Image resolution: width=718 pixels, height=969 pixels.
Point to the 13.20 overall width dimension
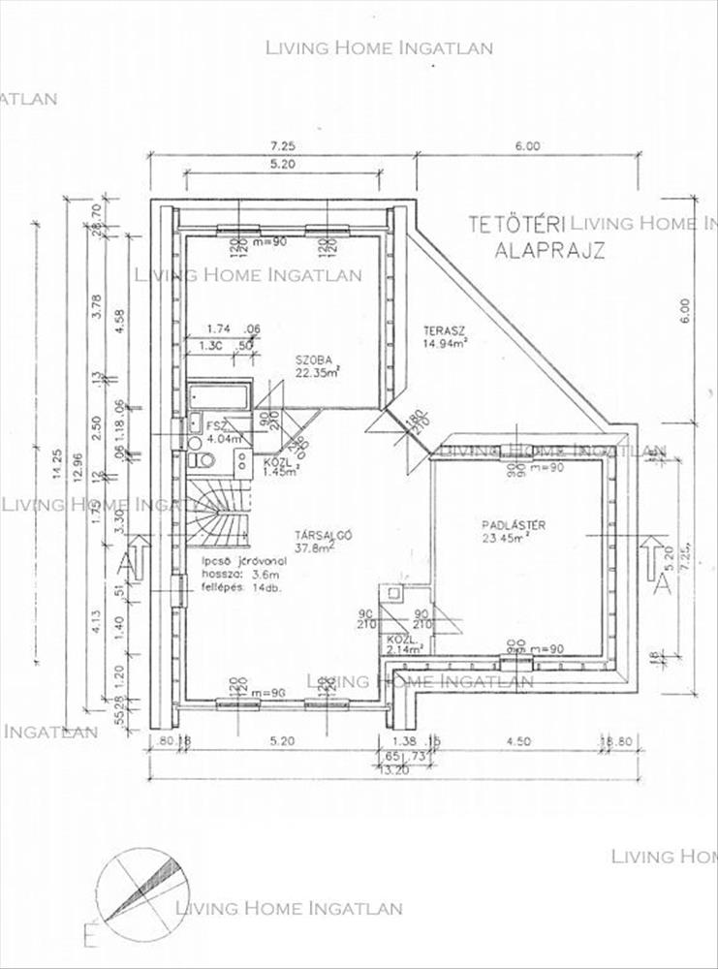pyautogui.click(x=392, y=771)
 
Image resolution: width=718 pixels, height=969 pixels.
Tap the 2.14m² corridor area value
pyautogui.click(x=405, y=652)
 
